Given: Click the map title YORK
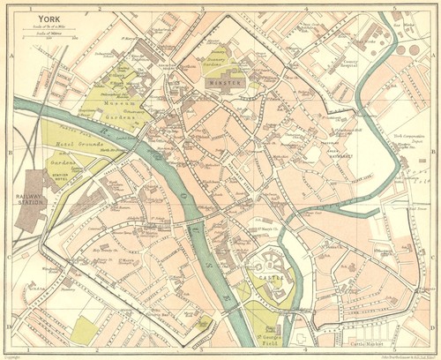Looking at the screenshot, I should point(50,16).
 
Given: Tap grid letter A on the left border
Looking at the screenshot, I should point(8,55).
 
